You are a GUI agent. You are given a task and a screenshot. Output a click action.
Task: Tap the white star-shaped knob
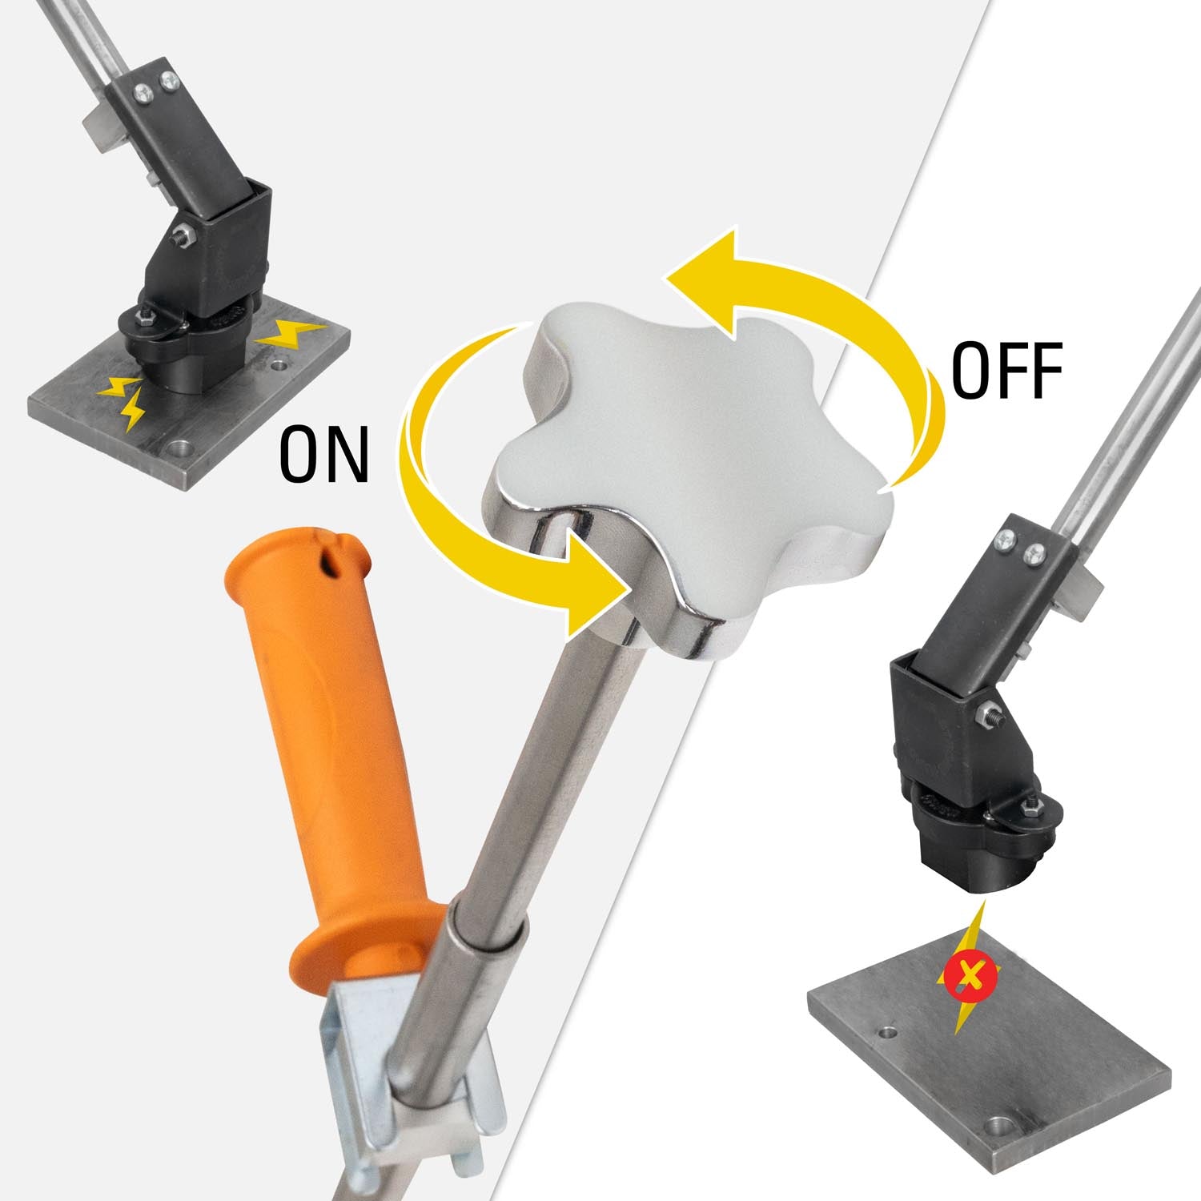[x=689, y=448]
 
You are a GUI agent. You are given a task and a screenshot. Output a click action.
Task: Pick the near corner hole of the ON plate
[x=181, y=446]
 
